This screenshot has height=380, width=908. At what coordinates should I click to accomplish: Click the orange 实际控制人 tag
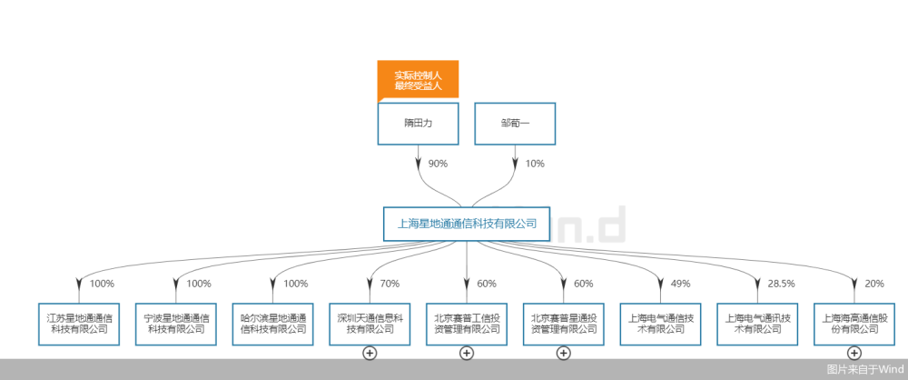coord(418,80)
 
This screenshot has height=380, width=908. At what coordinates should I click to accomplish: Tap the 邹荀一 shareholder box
coord(515,124)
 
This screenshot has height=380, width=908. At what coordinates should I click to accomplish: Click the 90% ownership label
coord(439,164)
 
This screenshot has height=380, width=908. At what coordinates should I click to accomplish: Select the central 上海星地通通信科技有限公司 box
coord(466,223)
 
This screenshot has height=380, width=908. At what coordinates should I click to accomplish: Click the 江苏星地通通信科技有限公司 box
coord(79,324)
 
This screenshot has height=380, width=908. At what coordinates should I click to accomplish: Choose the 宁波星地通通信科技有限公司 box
coord(176,324)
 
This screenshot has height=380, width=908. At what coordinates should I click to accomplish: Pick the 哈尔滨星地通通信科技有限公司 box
coord(272,324)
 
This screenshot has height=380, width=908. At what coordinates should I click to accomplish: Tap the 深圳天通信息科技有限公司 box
coord(370,324)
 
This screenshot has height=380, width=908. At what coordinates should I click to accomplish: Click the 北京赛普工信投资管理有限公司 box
coord(466,324)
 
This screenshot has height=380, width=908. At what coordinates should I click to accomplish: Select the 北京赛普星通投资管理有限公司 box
coord(563,324)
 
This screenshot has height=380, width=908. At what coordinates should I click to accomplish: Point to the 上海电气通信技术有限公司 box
coord(660,324)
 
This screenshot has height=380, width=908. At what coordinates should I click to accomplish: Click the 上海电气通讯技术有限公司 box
coord(756,324)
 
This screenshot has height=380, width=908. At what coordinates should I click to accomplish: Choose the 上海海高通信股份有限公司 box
coord(854,324)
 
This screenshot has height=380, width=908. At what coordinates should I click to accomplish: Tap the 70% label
coord(390,284)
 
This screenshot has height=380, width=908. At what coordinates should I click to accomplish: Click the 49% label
coord(681,284)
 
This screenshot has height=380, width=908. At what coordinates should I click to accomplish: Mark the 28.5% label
coord(782,284)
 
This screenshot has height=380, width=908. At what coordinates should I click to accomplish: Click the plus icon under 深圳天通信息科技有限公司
coord(370,353)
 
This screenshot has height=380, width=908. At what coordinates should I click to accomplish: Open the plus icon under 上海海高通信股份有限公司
coord(854,353)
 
